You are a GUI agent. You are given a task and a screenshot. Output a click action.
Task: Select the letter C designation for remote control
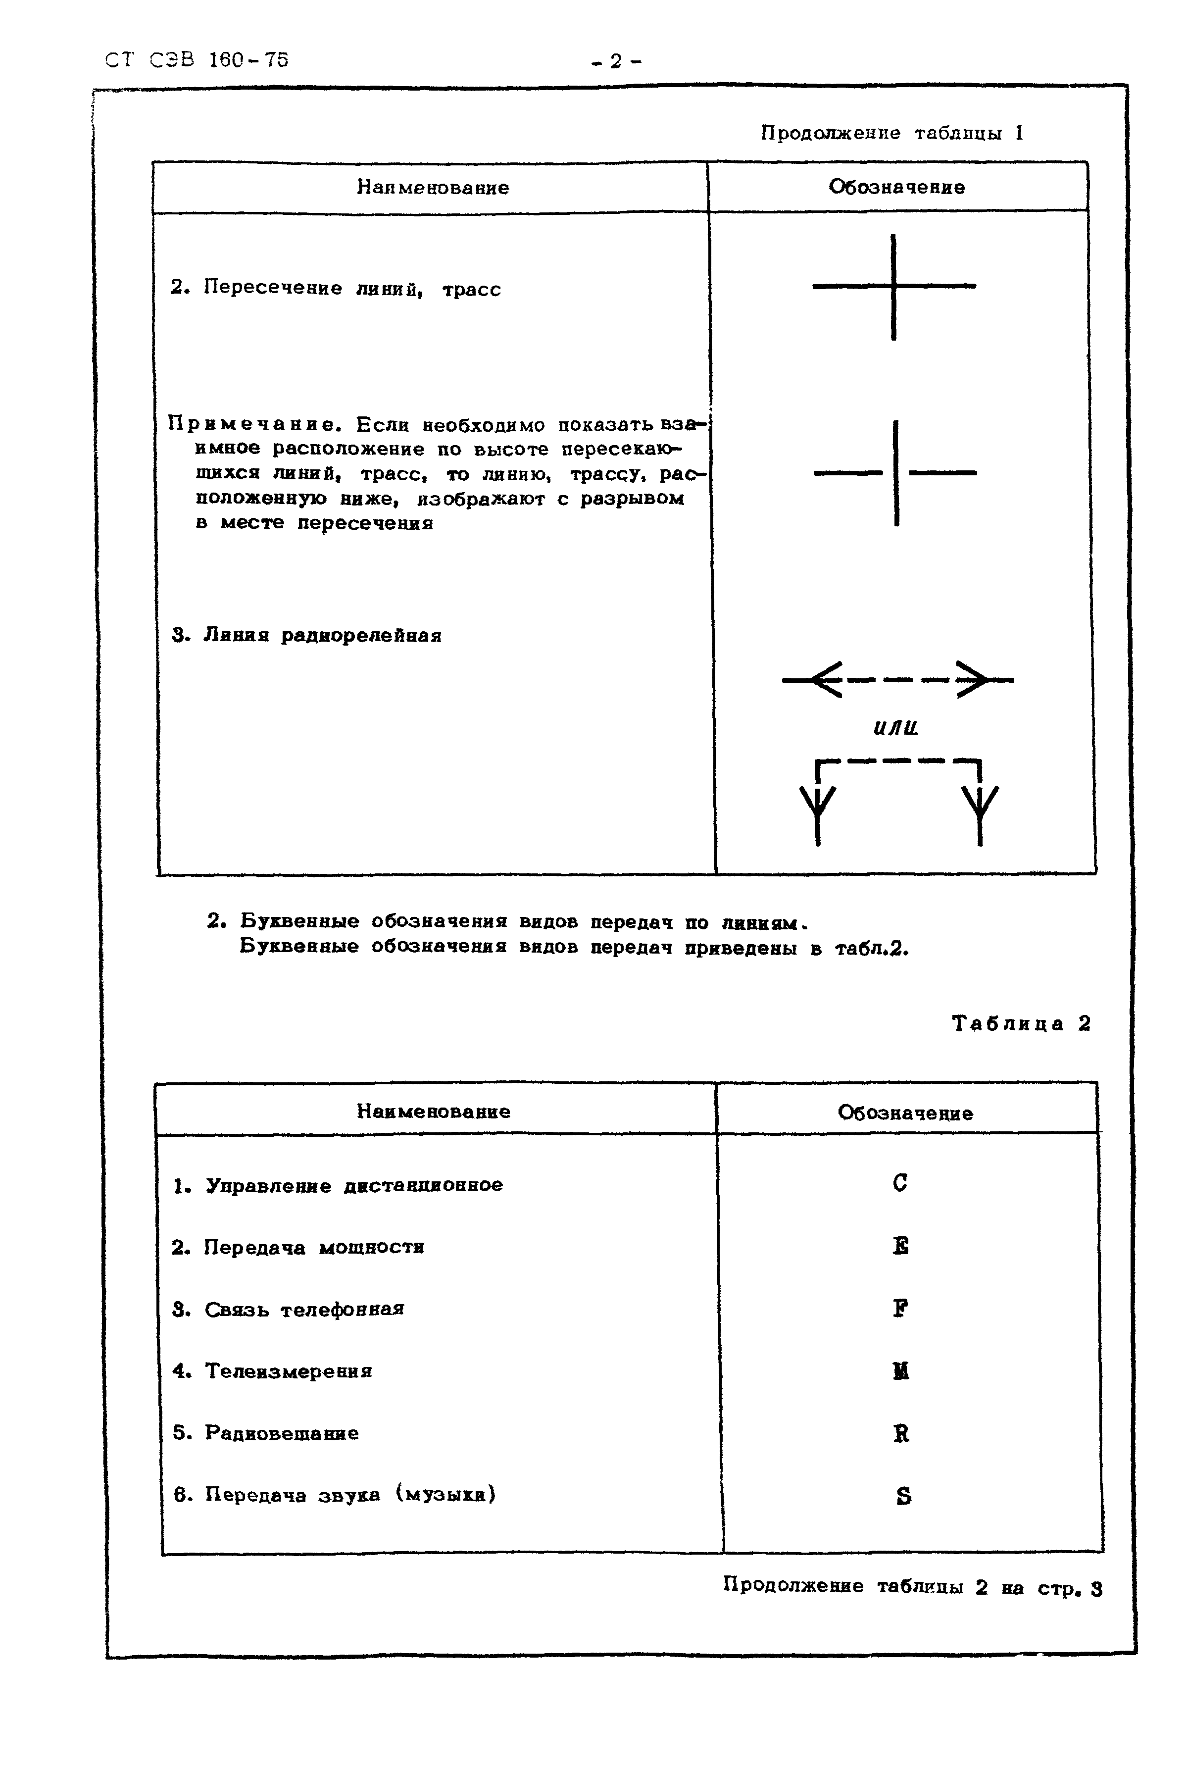[899, 1182]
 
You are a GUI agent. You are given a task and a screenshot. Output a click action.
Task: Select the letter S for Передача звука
[903, 1496]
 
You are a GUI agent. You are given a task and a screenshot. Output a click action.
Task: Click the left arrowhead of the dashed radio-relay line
[825, 680]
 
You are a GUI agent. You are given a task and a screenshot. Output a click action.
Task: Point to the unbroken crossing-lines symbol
[894, 287]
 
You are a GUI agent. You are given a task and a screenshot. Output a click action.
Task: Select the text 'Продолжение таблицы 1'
[892, 133]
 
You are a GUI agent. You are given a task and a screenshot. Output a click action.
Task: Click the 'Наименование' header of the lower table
[434, 1111]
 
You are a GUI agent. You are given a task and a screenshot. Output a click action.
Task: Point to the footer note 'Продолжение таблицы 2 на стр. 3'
[912, 1587]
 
